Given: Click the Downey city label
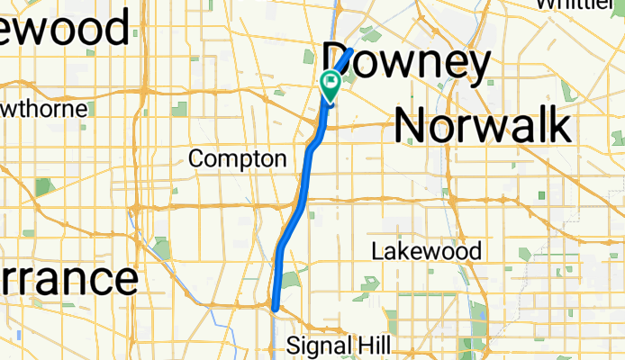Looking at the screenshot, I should [x=407, y=64].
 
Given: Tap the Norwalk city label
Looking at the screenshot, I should [x=483, y=123].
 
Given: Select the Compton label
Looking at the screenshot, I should [x=238, y=159].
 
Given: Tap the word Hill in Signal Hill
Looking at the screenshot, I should [x=373, y=345].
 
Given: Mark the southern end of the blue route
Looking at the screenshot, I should [x=275, y=309].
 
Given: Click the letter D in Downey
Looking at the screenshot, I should [x=339, y=64].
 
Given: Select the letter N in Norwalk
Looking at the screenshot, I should [x=411, y=123].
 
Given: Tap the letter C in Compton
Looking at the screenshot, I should [x=196, y=159].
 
